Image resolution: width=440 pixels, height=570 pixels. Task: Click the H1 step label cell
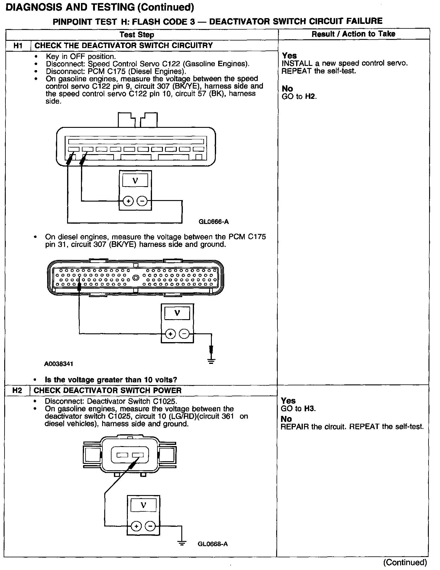(x=18, y=46)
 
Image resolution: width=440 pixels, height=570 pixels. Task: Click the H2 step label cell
(x=17, y=390)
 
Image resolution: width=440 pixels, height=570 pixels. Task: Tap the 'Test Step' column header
(x=137, y=35)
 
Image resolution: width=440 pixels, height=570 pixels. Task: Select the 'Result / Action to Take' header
(x=353, y=34)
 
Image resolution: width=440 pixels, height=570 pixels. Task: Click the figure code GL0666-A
(x=213, y=222)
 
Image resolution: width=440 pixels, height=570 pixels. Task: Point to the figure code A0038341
(x=59, y=364)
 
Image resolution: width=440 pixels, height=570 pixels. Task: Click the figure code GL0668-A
(x=213, y=544)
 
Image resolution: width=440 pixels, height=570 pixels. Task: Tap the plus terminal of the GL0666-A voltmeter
(x=128, y=201)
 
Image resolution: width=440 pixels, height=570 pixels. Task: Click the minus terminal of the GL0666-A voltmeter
(x=142, y=201)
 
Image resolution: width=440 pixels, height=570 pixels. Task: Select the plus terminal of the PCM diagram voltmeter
(x=170, y=334)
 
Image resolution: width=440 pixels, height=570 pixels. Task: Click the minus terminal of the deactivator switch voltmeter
(x=150, y=526)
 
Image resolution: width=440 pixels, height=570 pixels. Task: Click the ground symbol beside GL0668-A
(x=182, y=543)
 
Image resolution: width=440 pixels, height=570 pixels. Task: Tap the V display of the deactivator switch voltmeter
(x=144, y=505)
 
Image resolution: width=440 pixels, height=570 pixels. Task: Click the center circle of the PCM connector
(x=136, y=277)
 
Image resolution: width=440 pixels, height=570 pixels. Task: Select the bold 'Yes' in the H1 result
(x=289, y=56)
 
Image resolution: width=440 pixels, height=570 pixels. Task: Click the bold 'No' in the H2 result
(x=286, y=419)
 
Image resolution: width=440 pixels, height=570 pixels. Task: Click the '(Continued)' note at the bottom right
(x=405, y=562)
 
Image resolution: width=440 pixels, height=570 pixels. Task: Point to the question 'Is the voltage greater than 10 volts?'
(x=111, y=380)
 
